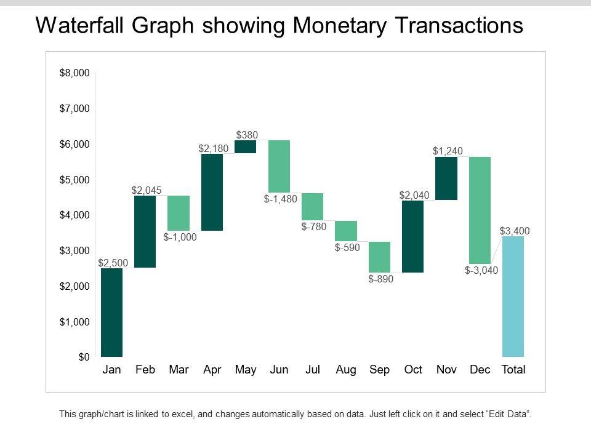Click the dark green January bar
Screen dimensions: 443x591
(111, 313)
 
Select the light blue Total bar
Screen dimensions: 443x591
(513, 297)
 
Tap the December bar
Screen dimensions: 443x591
(480, 210)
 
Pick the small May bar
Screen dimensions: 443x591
(246, 146)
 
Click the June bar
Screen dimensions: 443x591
(279, 166)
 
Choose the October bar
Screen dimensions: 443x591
(412, 236)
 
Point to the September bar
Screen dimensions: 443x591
(379, 257)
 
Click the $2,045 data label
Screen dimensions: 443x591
(147, 191)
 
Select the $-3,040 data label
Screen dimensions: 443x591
(481, 270)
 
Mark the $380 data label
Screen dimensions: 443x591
(247, 135)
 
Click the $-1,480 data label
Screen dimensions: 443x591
(281, 199)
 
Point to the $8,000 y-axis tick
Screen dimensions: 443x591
(74, 73)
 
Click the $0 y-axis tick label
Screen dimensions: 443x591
(83, 357)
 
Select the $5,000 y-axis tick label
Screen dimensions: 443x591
(74, 180)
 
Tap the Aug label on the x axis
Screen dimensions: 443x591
(346, 370)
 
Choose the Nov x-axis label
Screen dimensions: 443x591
(446, 370)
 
